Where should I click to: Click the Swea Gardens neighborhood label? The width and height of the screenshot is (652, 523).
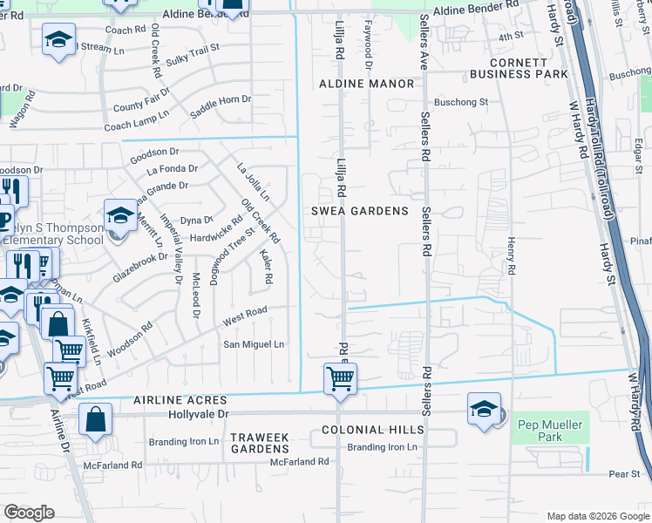pyautogui.click(x=360, y=211)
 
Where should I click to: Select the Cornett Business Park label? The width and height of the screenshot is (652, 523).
pyautogui.click(x=519, y=68)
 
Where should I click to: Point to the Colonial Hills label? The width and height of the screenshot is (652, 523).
pyautogui.click(x=372, y=430)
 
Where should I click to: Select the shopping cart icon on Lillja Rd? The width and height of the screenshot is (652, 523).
pyautogui.click(x=339, y=378)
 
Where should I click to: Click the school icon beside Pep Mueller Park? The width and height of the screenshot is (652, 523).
pyautogui.click(x=484, y=408)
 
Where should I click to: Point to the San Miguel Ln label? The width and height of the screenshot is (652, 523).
pyautogui.click(x=255, y=344)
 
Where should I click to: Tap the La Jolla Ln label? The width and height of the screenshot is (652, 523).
pyautogui.click(x=254, y=179)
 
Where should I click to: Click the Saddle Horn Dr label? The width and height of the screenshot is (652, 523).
pyautogui.click(x=221, y=108)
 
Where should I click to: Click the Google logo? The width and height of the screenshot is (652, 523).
pyautogui.click(x=29, y=513)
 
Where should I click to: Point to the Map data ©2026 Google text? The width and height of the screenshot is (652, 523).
pyautogui.click(x=597, y=515)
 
